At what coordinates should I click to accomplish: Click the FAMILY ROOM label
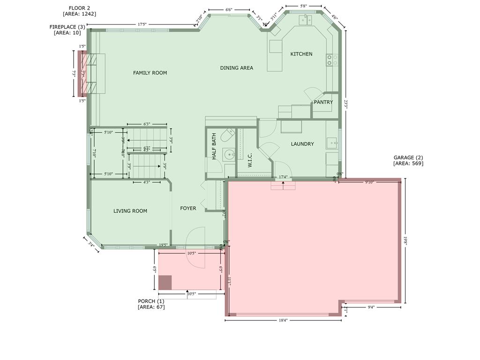click(150, 73)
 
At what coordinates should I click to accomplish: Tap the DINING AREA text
click(236, 68)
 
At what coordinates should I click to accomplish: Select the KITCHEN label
click(301, 54)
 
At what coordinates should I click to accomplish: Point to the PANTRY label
click(323, 102)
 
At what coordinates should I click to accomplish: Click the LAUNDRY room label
click(302, 144)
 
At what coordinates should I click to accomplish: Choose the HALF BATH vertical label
click(214, 147)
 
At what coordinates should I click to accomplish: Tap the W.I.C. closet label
click(250, 159)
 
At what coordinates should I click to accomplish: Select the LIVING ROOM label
click(130, 211)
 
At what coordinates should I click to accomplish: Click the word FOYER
click(188, 208)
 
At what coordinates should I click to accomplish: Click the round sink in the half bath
click(229, 154)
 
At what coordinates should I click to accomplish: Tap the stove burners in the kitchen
click(332, 60)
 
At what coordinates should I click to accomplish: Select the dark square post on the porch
click(165, 283)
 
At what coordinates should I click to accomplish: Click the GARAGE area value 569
click(417, 164)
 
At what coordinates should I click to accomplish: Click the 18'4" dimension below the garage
click(283, 321)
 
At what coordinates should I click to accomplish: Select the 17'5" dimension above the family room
click(142, 24)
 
